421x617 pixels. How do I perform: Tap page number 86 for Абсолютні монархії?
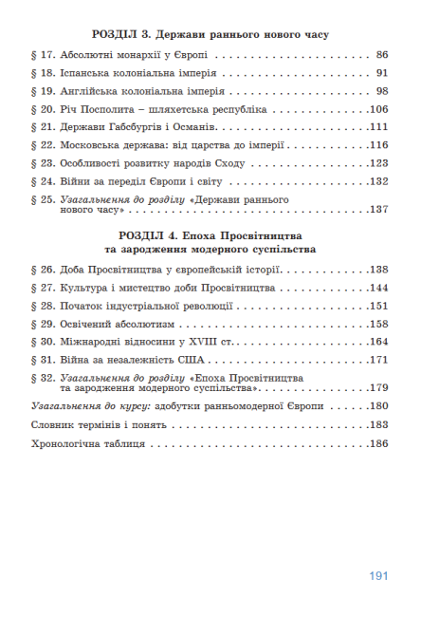(382, 55)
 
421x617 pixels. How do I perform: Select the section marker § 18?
(44, 73)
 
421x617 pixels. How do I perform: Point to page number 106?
(379, 109)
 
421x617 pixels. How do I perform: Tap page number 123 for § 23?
(379, 163)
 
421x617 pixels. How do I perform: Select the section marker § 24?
(44, 181)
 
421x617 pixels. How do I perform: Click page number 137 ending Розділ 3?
(379, 210)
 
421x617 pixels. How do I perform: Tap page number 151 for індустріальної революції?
(379, 306)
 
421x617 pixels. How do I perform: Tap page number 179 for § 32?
(379, 388)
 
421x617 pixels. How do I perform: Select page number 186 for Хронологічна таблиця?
(379, 442)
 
